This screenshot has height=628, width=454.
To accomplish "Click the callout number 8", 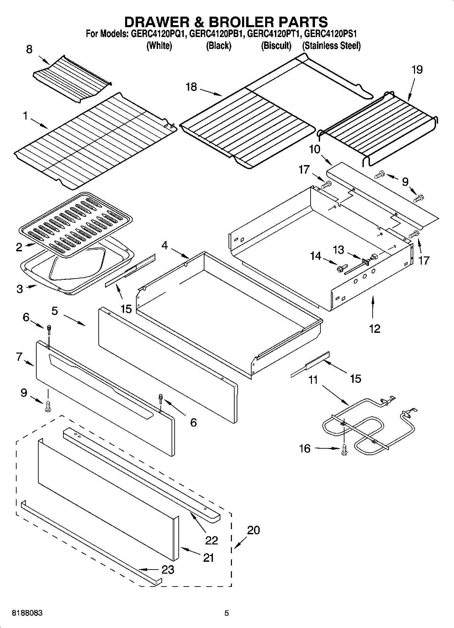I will click(29, 49).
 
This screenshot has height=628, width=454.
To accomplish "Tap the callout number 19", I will click(417, 70).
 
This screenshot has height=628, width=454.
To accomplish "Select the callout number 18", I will click(191, 87).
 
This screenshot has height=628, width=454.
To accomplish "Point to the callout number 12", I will click(374, 328).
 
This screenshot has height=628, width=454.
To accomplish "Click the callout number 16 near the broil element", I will click(304, 449).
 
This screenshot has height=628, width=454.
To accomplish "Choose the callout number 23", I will click(168, 570).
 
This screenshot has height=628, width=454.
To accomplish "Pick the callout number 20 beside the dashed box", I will click(253, 530).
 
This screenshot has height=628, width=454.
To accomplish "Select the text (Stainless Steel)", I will click(331, 46).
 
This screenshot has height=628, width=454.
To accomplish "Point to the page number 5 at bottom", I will click(226, 613).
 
